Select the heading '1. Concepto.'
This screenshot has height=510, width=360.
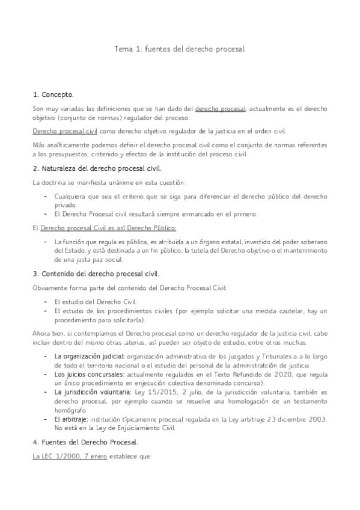[53, 94]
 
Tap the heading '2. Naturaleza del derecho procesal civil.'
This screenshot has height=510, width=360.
[97, 168]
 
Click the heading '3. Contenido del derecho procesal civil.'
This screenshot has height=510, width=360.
[96, 272]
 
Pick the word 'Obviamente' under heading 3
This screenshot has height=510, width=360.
[50, 287]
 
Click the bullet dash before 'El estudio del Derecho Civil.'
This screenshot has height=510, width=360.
[46, 301]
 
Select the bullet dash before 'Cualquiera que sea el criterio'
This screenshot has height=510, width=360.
[46, 197]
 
